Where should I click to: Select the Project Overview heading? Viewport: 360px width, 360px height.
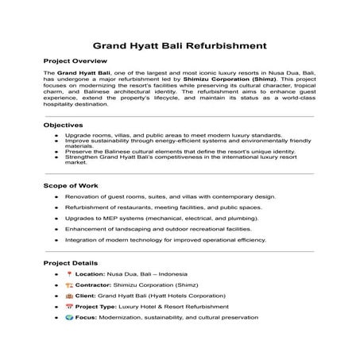point(75,60)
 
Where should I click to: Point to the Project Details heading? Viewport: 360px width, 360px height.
point(71,262)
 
